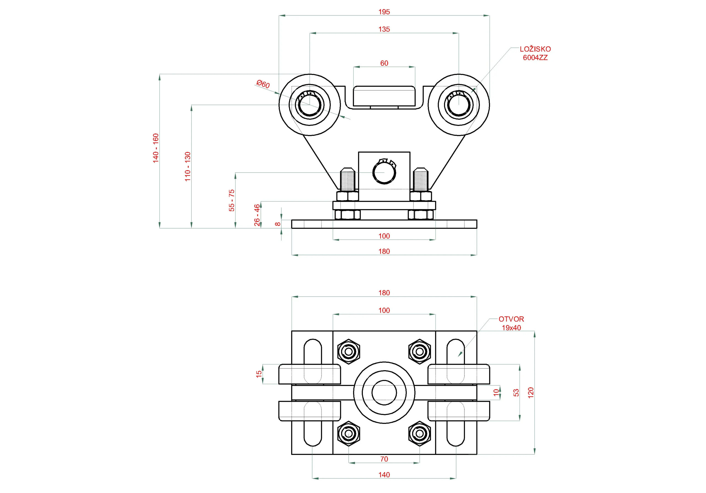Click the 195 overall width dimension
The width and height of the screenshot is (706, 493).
[384, 12]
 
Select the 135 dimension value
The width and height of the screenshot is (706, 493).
[384, 29]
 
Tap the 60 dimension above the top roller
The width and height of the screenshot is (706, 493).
[384, 63]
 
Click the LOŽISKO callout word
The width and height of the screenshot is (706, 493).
[535, 49]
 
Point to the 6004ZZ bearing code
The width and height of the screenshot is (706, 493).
[535, 57]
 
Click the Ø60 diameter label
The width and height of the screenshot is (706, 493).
[263, 84]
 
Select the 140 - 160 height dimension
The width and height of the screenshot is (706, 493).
[156, 148]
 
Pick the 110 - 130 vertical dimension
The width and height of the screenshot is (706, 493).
[188, 166]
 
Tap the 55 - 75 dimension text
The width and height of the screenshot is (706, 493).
[232, 200]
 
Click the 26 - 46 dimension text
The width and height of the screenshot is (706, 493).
[257, 215]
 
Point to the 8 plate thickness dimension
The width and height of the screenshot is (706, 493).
[278, 224]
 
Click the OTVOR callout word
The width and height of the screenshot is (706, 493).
[511, 319]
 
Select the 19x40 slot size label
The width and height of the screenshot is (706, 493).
[511, 328]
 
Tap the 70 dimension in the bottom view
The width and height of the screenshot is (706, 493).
[384, 459]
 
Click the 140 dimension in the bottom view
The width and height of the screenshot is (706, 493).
[384, 475]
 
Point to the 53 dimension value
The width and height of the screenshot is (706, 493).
[516, 392]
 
